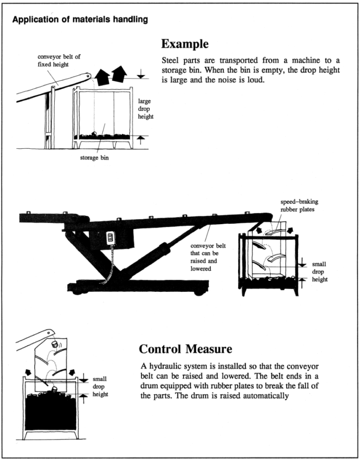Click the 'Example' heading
(x=184, y=44)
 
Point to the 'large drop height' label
(x=146, y=109)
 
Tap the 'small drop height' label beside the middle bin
(x=320, y=272)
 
